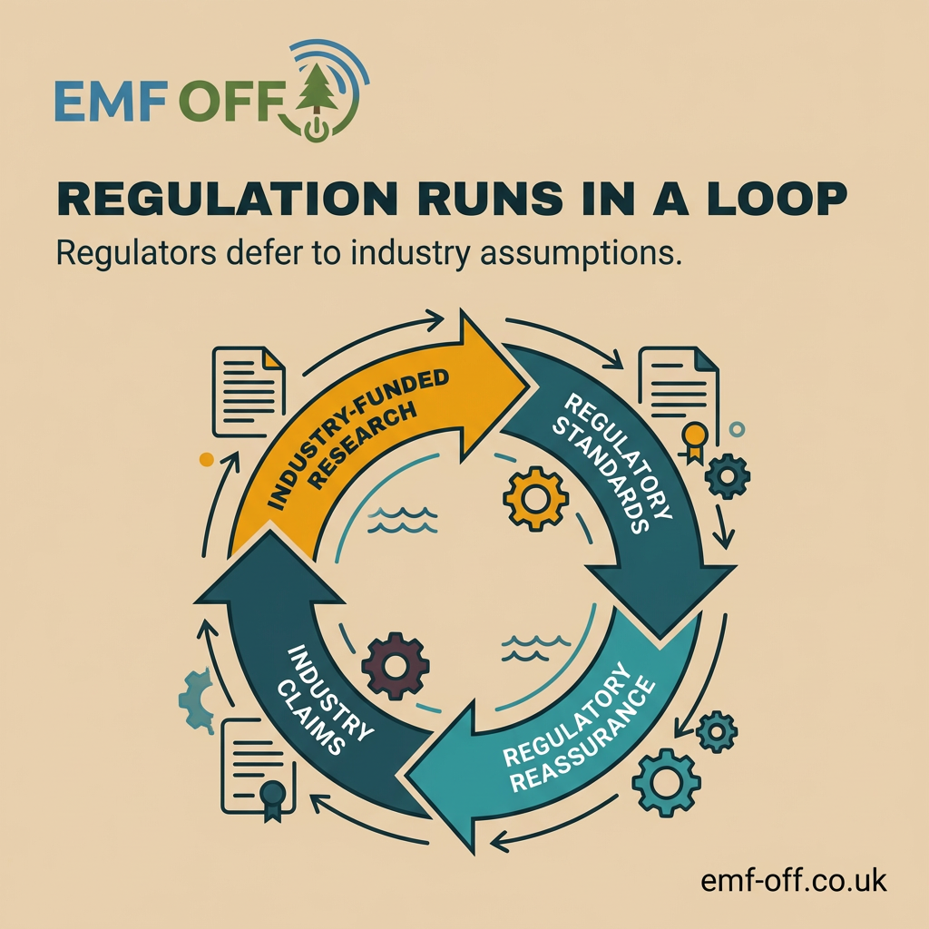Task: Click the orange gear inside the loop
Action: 535,498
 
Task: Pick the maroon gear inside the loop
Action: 396,667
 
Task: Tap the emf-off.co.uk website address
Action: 794,879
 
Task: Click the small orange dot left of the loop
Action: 206,460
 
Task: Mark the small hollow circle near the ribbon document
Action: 738,428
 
